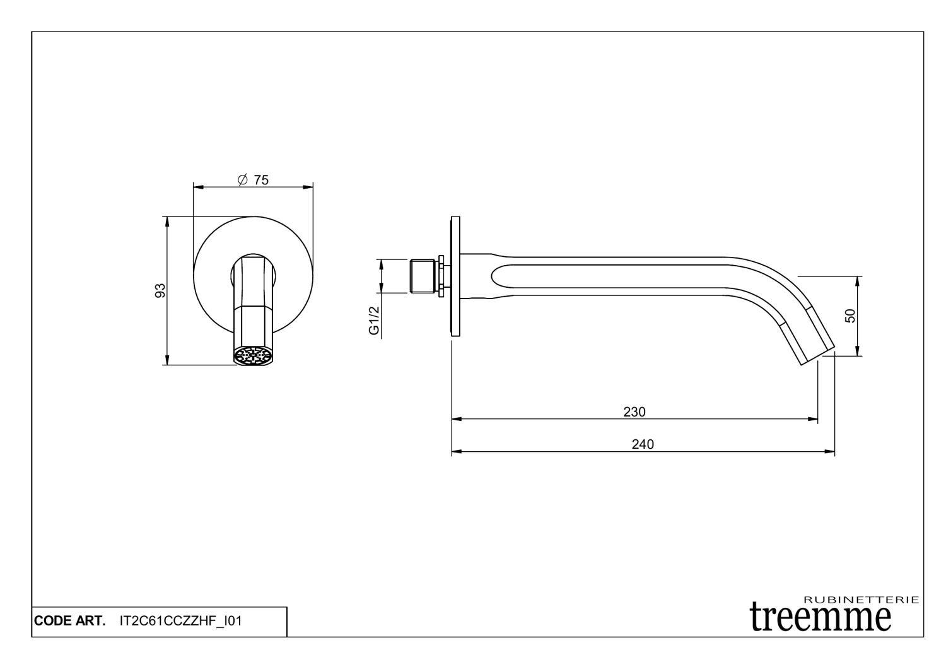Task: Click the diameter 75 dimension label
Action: tap(254, 181)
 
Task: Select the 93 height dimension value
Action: tap(160, 290)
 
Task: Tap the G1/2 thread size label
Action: tap(374, 321)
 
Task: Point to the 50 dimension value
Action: tap(850, 316)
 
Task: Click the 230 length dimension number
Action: tap(634, 412)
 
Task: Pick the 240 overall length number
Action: tap(643, 444)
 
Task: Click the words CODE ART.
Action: tap(69, 621)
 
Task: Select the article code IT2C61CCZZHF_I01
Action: tap(180, 621)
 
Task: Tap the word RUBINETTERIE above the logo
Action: tap(862, 600)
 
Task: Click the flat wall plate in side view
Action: tap(456, 276)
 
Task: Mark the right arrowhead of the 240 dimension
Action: tap(831, 452)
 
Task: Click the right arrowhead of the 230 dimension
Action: tap(814, 418)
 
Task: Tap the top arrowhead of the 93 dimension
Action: tap(166, 221)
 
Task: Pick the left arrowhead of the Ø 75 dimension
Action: tap(197, 187)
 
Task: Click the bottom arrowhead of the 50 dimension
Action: tap(857, 351)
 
